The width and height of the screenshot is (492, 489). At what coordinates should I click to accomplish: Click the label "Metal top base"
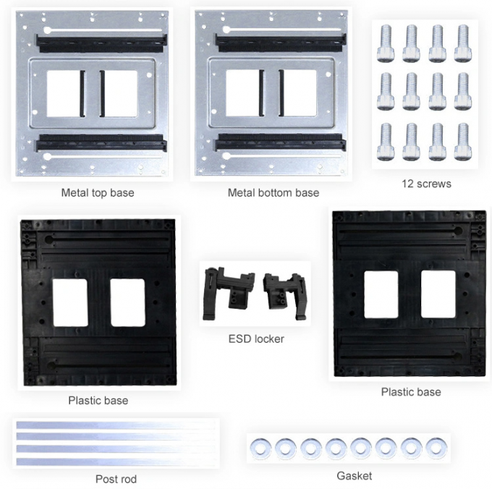point(98,193)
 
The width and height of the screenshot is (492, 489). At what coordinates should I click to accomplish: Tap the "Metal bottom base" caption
point(273,193)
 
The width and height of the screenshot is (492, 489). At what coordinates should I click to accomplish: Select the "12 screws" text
point(426,184)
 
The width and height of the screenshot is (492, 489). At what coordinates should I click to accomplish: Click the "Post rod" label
point(116,479)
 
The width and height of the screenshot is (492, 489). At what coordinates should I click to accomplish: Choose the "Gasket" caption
point(355,476)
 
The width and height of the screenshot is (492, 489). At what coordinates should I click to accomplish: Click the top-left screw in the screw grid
point(385,43)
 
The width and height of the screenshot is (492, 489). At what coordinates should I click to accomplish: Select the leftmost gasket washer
point(258,448)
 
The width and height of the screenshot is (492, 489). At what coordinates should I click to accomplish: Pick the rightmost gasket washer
point(435,447)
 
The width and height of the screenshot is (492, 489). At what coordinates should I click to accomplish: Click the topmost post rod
point(116,425)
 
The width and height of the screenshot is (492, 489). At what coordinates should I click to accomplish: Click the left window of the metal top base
point(64,93)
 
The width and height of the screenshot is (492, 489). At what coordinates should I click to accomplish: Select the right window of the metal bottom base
point(298,93)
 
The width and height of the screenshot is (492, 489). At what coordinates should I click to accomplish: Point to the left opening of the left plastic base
point(70,302)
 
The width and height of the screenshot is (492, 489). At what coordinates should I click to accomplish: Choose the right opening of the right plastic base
point(438,294)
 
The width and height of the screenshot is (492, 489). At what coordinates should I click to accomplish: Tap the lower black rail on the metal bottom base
point(279,142)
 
